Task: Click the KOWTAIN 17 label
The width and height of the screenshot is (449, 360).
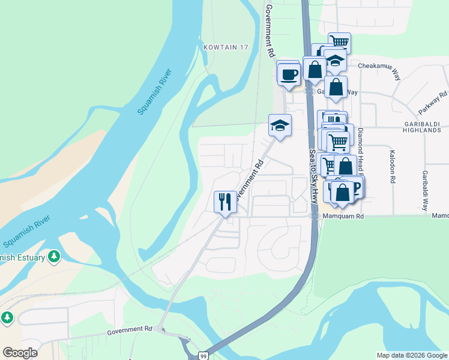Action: tap(225, 47)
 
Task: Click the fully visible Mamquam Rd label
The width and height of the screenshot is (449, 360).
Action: tap(343, 216)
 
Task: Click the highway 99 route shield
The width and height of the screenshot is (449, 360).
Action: tap(203, 355)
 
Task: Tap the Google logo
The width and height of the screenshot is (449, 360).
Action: tap(20, 353)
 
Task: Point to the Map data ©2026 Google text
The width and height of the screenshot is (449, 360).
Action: tap(411, 355)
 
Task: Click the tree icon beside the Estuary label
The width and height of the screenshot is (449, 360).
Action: tap(55, 257)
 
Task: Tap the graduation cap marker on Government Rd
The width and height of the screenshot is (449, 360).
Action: tap(280, 125)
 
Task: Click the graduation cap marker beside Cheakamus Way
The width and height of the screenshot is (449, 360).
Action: tap(335, 60)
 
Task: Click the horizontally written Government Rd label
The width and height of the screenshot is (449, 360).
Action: tap(130, 330)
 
